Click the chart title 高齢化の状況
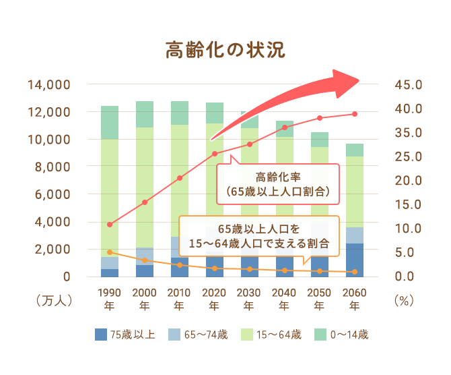[x=225, y=50]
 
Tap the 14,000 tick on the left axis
[x=49, y=86]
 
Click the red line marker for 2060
[x=355, y=114]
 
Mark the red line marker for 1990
[x=110, y=224]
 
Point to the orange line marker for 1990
[x=110, y=252]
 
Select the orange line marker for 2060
[x=355, y=272]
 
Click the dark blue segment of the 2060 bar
[x=355, y=260]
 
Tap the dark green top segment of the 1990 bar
[x=110, y=122]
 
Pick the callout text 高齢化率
[x=277, y=177]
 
